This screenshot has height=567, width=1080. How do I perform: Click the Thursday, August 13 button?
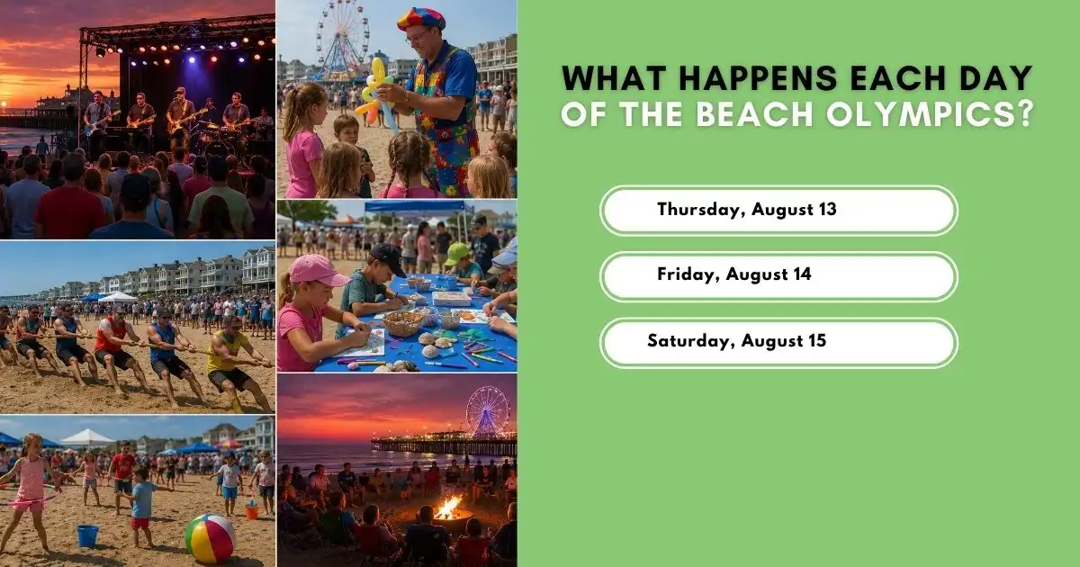point(778,211)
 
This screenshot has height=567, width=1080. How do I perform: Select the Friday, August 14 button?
point(778,276)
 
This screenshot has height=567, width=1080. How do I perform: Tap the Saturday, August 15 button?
point(778,343)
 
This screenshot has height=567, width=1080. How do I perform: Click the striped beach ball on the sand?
point(211,538)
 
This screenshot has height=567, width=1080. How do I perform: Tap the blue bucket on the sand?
point(88,535)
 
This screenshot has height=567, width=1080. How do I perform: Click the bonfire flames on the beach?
point(448,508)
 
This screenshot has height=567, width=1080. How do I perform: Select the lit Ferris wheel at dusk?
point(488,411)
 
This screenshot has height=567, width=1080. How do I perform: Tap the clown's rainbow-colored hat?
point(421,19)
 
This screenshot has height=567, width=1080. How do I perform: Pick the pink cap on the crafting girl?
point(319,271)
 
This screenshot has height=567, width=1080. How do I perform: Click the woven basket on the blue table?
point(402,324)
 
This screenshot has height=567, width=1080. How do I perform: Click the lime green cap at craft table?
point(456,254)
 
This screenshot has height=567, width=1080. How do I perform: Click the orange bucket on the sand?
point(252,511)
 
